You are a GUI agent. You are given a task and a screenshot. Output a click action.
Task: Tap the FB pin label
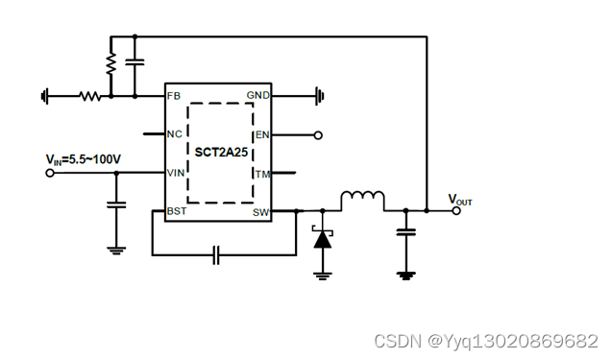coord(173,96)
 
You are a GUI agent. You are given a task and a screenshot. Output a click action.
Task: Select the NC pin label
coord(174,133)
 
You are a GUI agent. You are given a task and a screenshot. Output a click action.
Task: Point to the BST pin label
coord(176,211)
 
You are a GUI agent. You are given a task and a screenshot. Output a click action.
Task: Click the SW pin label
coord(260,211)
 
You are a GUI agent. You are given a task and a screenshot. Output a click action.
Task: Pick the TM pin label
coord(261,174)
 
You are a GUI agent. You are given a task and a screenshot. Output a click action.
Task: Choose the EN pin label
coord(261,135)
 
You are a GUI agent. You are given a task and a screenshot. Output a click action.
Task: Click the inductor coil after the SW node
coord(362,200)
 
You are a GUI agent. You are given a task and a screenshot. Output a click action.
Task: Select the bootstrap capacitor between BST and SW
coord(217,254)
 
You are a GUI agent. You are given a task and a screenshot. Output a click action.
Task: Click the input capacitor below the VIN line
coord(116,204)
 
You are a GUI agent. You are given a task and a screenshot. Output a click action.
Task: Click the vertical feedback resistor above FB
coord(110,63)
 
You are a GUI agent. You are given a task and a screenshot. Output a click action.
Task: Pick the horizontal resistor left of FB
coord(89,96)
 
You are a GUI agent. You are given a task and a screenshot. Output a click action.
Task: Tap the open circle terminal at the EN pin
coord(318,135)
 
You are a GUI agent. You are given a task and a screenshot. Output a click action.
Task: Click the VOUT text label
coord(460,201)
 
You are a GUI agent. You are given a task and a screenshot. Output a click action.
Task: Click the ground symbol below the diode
coord(323,274)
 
